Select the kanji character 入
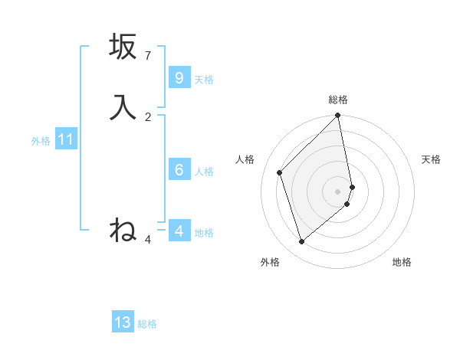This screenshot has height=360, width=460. (123, 107)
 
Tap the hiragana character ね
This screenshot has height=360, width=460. (123, 230)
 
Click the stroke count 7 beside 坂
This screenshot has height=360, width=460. (148, 56)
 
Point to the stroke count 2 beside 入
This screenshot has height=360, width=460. (148, 117)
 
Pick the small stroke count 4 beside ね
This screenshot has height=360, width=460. (148, 240)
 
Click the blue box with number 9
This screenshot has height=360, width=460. (179, 78)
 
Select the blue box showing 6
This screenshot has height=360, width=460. (179, 170)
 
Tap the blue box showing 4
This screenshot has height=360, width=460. (179, 231)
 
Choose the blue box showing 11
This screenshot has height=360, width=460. (65, 139)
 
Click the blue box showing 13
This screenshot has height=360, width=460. (123, 322)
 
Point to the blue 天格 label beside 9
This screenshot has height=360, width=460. (204, 79)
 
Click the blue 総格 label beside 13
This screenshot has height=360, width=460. (147, 323)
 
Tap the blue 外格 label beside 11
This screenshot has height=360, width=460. (41, 140)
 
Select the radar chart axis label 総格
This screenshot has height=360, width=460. (338, 100)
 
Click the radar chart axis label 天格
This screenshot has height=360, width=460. (431, 159)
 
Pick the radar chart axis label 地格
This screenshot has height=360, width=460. (402, 262)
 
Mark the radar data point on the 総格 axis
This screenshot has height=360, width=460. (338, 116)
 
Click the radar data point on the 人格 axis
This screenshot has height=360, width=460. (280, 172)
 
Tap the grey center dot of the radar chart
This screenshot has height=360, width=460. (338, 191)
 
